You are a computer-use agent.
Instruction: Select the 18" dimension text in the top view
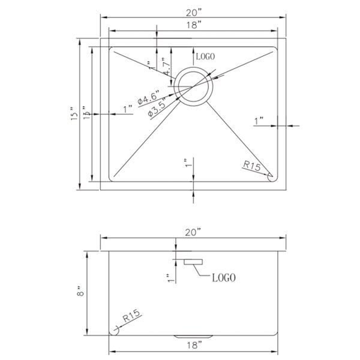pos(193,25)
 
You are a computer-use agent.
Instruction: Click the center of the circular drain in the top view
pos(193,86)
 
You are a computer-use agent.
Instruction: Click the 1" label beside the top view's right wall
pos(259,121)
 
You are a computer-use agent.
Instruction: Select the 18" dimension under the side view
pos(193,344)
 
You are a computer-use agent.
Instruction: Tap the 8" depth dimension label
pos(79,293)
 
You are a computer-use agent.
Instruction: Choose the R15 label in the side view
pos(131,314)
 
